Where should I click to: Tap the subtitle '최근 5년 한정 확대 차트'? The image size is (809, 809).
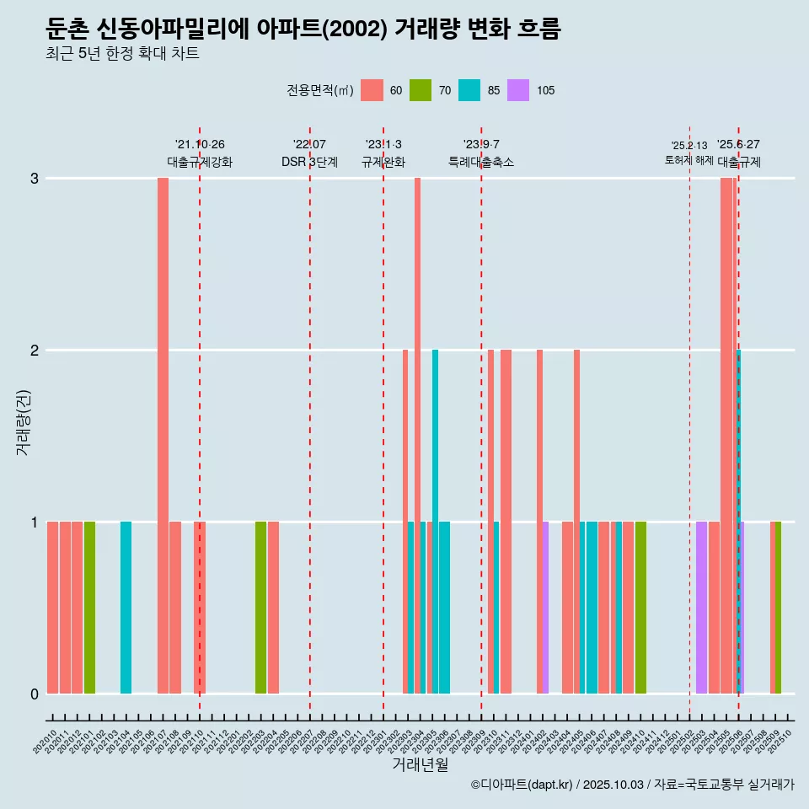[122, 54]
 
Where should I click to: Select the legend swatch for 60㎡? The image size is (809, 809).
[372, 90]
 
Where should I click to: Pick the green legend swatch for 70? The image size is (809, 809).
[421, 90]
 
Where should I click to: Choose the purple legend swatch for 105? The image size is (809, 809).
[518, 90]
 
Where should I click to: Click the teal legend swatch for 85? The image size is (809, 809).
[469, 90]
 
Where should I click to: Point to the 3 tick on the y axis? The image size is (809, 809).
[35, 179]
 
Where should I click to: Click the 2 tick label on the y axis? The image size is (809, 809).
[35, 351]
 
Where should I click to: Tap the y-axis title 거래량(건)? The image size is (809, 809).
[24, 421]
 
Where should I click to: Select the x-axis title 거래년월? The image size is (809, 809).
[420, 764]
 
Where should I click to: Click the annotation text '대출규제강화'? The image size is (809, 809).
[200, 162]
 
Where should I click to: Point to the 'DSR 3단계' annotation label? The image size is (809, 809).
[309, 162]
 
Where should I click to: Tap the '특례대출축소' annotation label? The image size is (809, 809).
[480, 162]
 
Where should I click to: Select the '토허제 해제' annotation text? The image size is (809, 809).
[689, 160]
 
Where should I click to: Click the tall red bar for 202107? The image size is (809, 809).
[163, 435]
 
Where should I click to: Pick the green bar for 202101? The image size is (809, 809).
[89, 608]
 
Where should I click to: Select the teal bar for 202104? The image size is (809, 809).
[126, 608]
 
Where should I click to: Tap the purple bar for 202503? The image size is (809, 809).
[701, 608]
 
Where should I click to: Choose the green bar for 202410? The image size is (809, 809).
[640, 608]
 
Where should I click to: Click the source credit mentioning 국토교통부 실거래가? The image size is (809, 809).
[632, 785]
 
